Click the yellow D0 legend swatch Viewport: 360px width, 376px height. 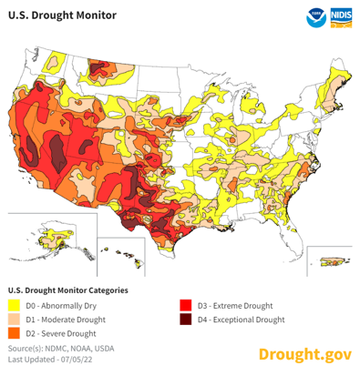(x=14, y=305)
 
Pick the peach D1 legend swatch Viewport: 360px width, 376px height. (x=14, y=320)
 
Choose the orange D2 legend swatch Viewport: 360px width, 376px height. (x=14, y=334)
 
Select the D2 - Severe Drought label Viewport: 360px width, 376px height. (x=63, y=334)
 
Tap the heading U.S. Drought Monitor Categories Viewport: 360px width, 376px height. (x=67, y=289)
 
